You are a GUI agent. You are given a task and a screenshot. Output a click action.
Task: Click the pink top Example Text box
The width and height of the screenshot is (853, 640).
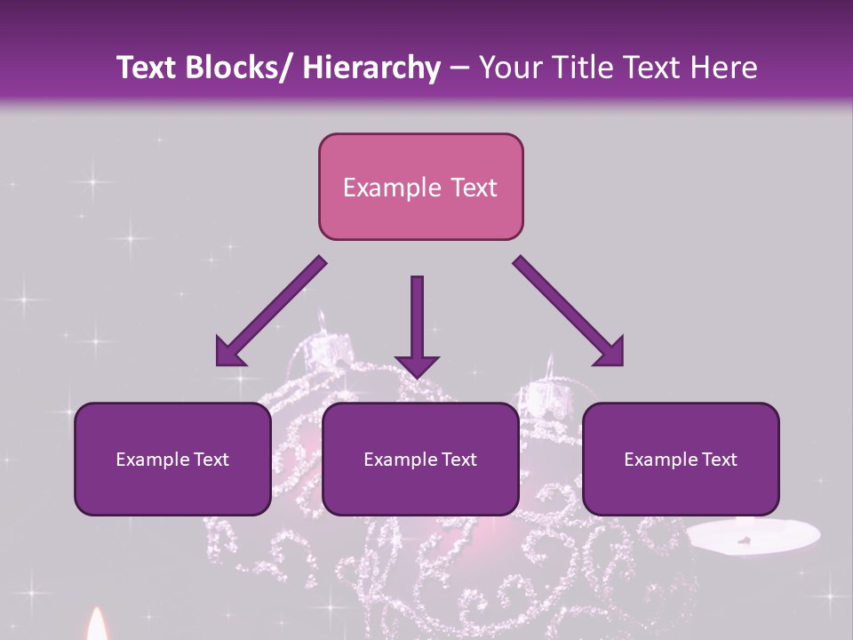point(420,187)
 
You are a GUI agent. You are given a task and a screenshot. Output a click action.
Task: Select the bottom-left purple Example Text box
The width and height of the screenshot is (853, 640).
point(172,459)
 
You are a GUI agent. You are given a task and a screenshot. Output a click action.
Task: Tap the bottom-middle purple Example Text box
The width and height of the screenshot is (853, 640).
point(420,459)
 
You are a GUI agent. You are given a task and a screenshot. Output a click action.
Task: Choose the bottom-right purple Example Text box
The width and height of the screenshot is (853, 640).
point(681,459)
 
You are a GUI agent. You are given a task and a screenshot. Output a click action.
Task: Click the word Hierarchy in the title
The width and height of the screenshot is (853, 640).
point(371,68)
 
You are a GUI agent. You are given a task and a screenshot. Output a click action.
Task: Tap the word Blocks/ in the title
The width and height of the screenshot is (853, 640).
point(242,68)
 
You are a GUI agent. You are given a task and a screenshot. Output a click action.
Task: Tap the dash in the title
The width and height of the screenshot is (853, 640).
point(459,69)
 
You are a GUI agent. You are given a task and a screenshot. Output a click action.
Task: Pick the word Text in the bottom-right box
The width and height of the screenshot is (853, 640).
point(719,460)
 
